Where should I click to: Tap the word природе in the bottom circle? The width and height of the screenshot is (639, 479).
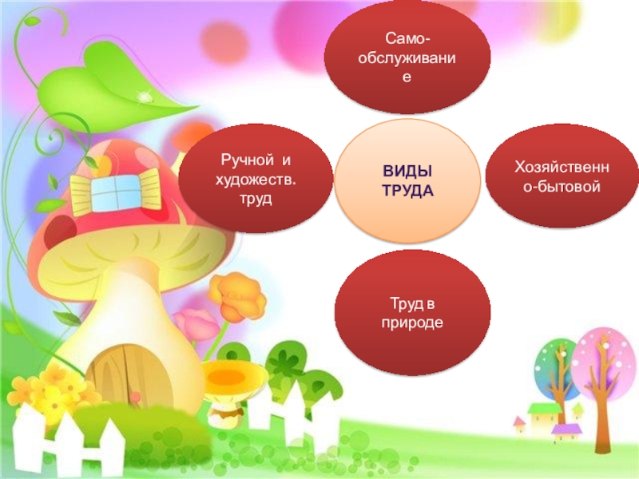click(x=412, y=322)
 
